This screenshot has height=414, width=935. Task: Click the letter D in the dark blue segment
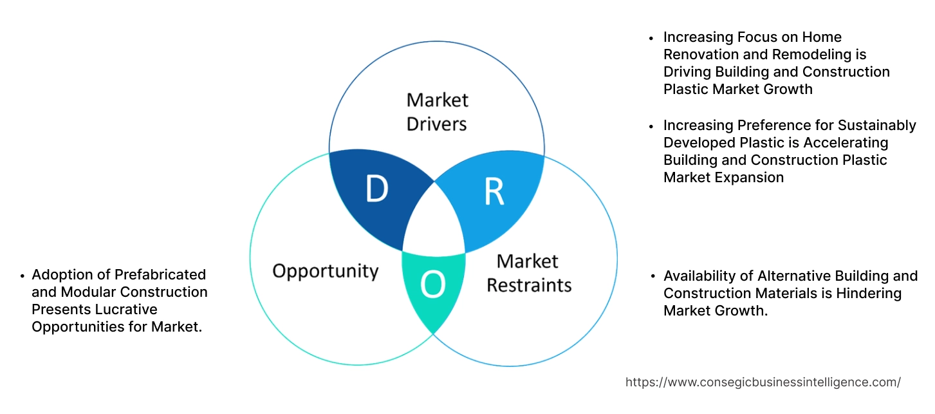[376, 189]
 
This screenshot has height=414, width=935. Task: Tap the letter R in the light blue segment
[493, 191]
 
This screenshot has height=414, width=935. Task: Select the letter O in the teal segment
[432, 285]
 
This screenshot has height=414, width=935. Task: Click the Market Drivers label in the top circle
[437, 111]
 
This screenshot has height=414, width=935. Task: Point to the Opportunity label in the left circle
[325, 270]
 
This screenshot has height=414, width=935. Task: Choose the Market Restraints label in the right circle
[528, 272]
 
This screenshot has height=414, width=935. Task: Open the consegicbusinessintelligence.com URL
[763, 382]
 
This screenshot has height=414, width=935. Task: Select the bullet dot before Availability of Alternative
[654, 277]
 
